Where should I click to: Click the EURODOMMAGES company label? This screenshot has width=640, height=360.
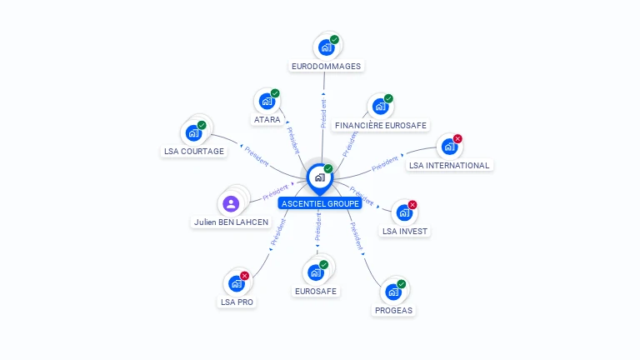click(x=327, y=65)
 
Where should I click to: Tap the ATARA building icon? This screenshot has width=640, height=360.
click(x=267, y=101)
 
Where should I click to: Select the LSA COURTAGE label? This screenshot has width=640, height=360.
click(x=193, y=151)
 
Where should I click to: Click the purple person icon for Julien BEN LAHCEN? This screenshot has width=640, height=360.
click(x=232, y=203)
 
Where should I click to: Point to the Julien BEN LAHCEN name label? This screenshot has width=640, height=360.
click(x=232, y=222)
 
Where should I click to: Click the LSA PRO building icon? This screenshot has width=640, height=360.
click(x=237, y=283)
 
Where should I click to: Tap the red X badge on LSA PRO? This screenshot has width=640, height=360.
click(x=245, y=276)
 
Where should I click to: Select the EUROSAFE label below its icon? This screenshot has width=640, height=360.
click(x=316, y=291)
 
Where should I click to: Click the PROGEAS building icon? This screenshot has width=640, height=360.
click(x=393, y=292)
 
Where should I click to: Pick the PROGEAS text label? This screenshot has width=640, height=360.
click(x=393, y=310)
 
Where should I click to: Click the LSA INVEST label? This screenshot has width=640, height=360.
click(x=405, y=231)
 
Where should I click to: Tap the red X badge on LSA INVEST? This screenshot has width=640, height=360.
click(x=412, y=205)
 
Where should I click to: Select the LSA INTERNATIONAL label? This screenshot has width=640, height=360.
click(x=449, y=165)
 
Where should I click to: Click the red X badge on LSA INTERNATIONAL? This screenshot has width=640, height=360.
click(x=457, y=138)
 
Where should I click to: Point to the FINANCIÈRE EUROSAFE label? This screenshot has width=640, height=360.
click(x=381, y=125)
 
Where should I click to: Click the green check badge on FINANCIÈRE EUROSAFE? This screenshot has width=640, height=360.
click(x=388, y=98)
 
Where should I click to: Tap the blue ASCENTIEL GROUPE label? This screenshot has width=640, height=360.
click(x=320, y=203)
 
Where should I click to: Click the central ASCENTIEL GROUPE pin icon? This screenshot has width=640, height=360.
click(x=319, y=177)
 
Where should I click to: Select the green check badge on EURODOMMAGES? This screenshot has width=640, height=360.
click(x=334, y=39)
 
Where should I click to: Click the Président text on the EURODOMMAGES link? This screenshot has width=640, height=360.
click(x=323, y=112)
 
